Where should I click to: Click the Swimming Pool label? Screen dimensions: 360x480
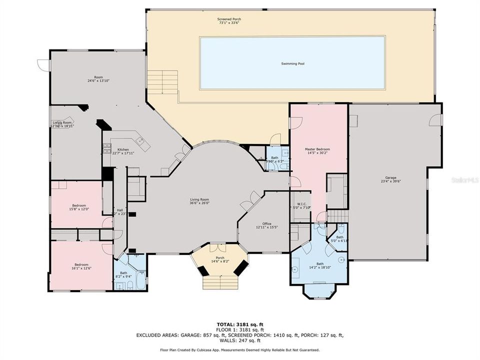click(292, 63)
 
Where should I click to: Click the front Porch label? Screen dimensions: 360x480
click(220, 246)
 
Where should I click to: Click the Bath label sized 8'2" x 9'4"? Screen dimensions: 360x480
click(123, 274)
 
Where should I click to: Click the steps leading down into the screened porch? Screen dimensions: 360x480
click(162, 81)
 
